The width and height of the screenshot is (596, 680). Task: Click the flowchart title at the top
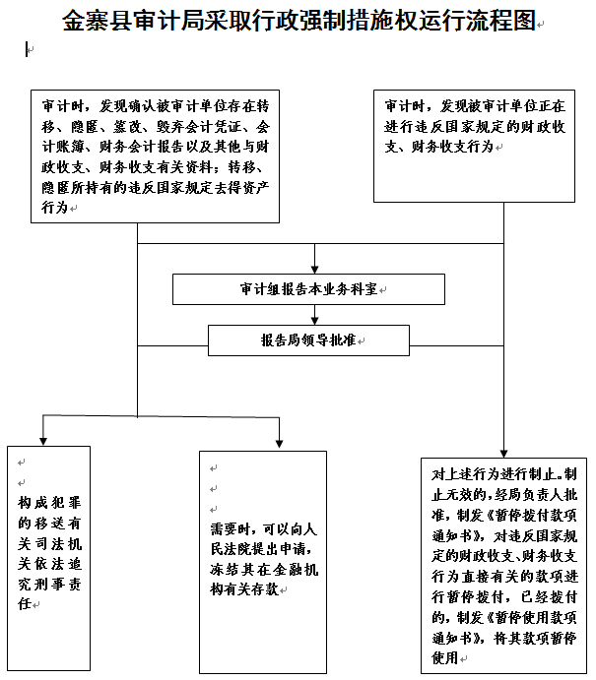coord(299,21)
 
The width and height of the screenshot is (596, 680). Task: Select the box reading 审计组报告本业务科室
coord(308,289)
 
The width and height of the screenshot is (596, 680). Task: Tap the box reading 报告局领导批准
coord(308,340)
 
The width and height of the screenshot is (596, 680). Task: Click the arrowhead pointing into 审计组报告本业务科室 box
coord(314,270)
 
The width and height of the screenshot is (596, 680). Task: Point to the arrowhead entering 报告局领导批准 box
coord(314,321)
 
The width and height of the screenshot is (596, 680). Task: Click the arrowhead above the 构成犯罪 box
coord(43,441)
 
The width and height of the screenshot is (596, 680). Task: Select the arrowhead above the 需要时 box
coord(279,444)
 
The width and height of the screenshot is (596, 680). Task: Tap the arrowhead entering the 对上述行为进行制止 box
coord(503,454)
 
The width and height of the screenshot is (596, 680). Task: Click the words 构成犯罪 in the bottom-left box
coord(49,503)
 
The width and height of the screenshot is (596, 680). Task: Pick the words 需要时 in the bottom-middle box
coord(231,529)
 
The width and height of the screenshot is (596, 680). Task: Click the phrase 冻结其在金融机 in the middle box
coord(264,569)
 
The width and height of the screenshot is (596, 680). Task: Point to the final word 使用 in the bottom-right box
coord(445,657)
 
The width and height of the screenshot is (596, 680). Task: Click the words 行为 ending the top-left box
coord(55,208)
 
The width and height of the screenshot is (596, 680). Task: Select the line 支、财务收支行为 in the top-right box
coord(438,147)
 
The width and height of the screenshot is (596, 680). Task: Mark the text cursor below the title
coord(27,49)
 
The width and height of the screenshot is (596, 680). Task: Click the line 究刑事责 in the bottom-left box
coord(49,584)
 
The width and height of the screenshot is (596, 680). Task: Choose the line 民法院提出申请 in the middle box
coord(261,549)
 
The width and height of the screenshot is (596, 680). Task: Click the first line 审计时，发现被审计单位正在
coord(475,106)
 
